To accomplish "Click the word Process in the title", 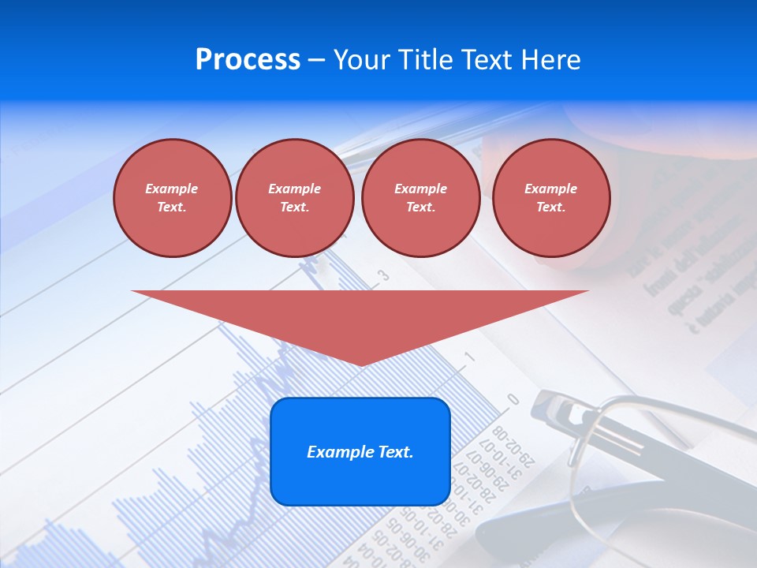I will (x=248, y=60).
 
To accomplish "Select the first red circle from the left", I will (x=172, y=197).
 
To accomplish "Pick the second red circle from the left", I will (x=294, y=197).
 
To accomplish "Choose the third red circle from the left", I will (x=420, y=197).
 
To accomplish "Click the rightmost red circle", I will (x=550, y=197).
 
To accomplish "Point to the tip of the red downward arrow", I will (x=360, y=364).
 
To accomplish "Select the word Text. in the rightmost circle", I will (x=550, y=207).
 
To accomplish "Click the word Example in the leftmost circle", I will (x=172, y=189).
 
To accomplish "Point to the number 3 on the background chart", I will (x=384, y=275).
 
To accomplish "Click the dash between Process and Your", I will (x=316, y=60).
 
